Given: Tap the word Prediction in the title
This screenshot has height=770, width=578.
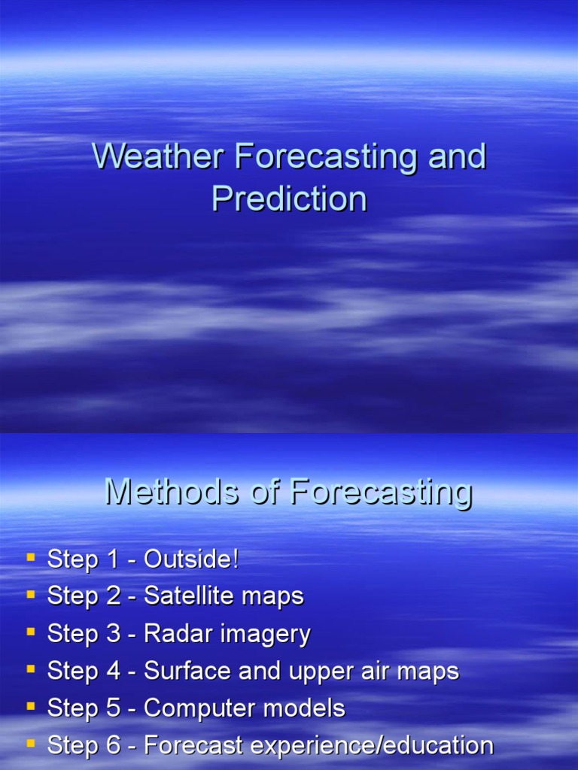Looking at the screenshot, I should click(x=289, y=199).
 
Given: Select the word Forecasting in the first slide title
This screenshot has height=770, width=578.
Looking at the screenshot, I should click(x=327, y=157).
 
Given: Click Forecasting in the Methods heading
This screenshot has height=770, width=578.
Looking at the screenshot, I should click(x=382, y=493).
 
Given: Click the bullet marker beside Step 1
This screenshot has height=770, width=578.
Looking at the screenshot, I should click(x=31, y=557).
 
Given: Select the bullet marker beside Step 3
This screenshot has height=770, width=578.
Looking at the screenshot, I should click(x=31, y=632).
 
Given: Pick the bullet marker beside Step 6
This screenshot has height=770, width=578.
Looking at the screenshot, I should click(x=31, y=744).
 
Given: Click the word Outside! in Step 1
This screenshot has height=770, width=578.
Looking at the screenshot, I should click(x=191, y=559).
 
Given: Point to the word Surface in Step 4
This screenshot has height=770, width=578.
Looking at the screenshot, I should click(x=186, y=671).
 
